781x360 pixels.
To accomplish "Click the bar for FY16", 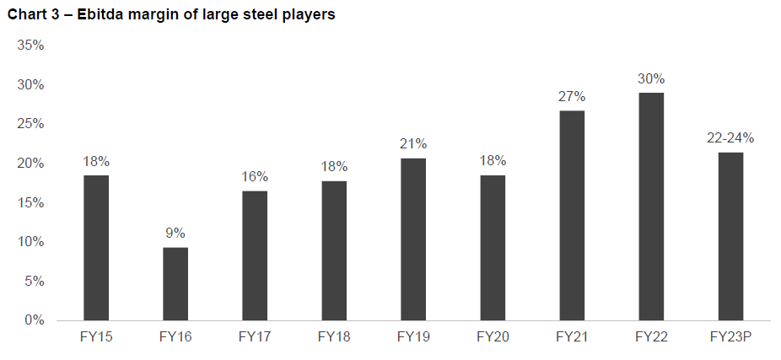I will click(175, 283).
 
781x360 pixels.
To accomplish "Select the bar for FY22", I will click(651, 207).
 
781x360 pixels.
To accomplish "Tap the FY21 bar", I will click(572, 215).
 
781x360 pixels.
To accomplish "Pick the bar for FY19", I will click(413, 239).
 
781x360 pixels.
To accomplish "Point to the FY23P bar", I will click(730, 236).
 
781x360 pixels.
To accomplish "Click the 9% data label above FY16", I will click(175, 233).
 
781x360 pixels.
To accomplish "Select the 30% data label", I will click(651, 78).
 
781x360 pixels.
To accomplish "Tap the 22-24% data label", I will click(730, 137).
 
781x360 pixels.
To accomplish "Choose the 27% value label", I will click(572, 96).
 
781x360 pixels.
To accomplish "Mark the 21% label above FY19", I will click(413, 143).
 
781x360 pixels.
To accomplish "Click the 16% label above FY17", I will click(255, 176).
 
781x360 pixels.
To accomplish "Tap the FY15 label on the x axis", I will click(96, 336).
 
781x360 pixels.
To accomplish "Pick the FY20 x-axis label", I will click(493, 336).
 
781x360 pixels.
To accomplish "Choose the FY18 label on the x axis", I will click(334, 336).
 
